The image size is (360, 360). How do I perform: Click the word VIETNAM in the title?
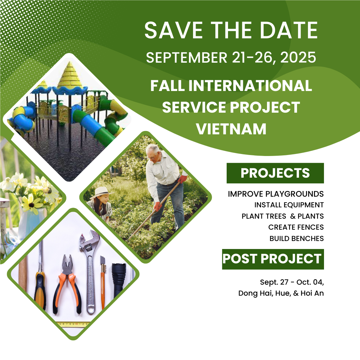pos(231,129)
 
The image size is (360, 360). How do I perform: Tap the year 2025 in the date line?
pos(298,57)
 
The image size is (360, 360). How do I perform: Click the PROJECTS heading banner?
pos(275,173)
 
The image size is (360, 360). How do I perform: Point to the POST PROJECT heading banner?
pos(273,259)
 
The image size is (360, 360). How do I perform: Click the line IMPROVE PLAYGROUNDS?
pos(276,194)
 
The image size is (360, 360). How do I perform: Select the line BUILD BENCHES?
pos(297,239)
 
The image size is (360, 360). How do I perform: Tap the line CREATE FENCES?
pos(296,227)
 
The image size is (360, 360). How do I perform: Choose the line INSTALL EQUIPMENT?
pos(289,205)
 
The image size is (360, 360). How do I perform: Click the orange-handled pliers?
pos(67,285)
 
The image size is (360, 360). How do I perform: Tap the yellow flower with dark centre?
pos(31,203)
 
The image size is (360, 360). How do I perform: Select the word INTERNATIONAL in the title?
pos(250,85)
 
